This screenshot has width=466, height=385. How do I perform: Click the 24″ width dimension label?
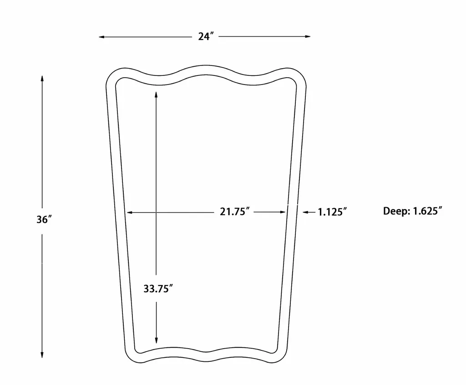pos(206,36)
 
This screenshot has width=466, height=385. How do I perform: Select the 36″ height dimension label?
pos(44,220)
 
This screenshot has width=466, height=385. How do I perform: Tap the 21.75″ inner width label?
pos(234,212)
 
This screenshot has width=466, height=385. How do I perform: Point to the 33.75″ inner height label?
pos(158,289)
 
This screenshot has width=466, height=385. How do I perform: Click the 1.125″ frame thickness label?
pos(332,212)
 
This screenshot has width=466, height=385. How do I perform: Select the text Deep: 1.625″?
pos(412,211)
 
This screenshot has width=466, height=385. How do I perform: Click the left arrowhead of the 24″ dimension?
pos(101,37)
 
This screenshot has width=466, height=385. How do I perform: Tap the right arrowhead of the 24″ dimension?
pos(308,36)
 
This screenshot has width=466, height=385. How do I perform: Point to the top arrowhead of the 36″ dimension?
pos(42,79)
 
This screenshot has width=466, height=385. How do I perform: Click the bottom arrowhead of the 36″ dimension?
pos(42,355)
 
